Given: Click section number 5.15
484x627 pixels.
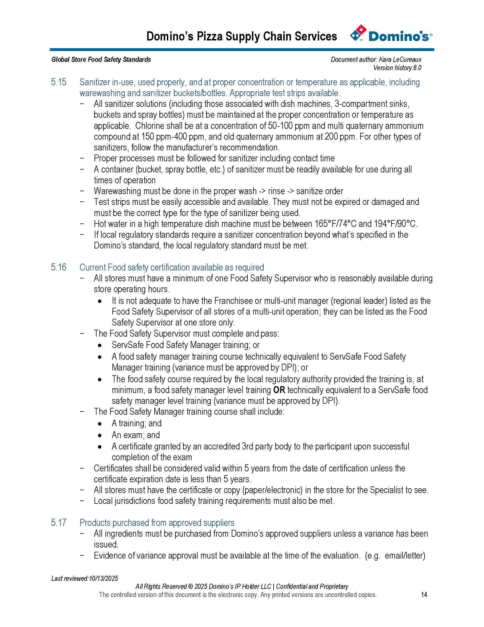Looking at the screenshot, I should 58,82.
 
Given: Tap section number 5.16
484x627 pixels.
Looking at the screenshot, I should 58,267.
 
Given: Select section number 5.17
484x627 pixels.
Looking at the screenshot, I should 58,522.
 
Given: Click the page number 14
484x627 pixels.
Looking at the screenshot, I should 424,595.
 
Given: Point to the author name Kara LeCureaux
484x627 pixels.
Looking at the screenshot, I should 400,60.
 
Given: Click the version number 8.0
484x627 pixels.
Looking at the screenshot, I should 417,68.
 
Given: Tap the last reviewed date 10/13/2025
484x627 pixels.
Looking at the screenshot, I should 103,578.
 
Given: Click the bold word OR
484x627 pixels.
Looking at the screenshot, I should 279,390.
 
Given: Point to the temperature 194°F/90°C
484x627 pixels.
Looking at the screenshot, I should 391,224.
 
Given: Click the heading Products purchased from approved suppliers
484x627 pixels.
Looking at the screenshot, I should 157,522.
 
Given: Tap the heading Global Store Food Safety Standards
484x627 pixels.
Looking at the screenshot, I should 101,60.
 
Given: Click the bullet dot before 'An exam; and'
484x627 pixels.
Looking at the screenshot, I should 100,435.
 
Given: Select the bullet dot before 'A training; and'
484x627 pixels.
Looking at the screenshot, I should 100,424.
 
